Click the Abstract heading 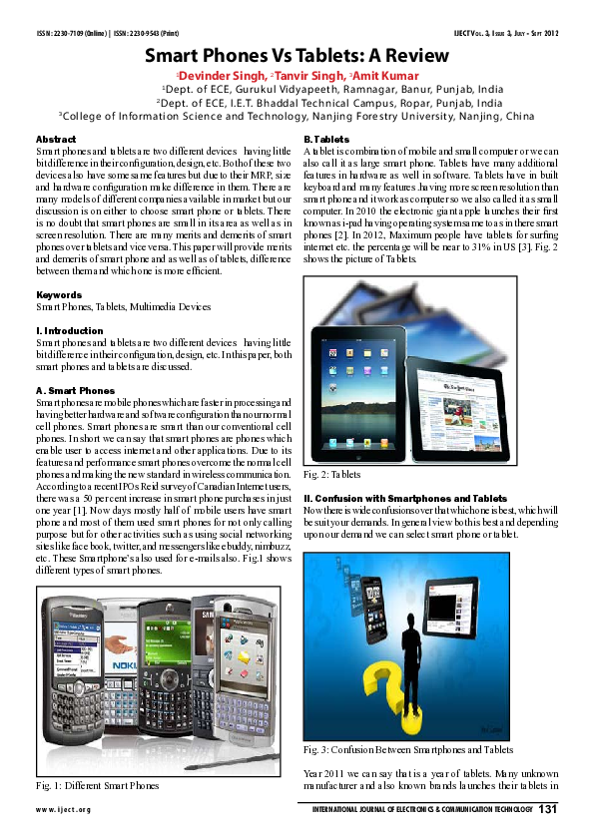(56, 139)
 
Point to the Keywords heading (59, 295)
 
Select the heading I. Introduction (69, 330)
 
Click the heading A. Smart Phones (75, 390)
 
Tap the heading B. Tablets (325, 139)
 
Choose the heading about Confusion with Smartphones (405, 498)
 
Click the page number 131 (547, 808)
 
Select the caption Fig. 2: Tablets (332, 473)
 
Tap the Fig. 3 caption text (408, 748)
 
